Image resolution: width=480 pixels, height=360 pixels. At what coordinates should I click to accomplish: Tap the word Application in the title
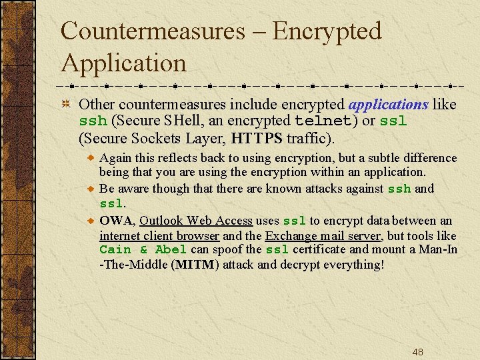123,63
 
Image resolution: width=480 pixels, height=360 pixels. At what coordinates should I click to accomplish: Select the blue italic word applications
389,104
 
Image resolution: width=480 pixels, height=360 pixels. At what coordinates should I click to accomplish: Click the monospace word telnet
323,121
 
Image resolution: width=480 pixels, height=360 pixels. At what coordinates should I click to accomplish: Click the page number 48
418,352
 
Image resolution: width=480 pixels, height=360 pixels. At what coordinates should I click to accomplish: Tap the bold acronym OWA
116,221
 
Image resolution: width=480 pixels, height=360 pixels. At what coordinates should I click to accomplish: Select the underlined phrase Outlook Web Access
196,221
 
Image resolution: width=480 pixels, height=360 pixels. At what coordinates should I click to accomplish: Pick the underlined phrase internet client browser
159,235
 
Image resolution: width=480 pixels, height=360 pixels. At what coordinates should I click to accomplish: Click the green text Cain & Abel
143,250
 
